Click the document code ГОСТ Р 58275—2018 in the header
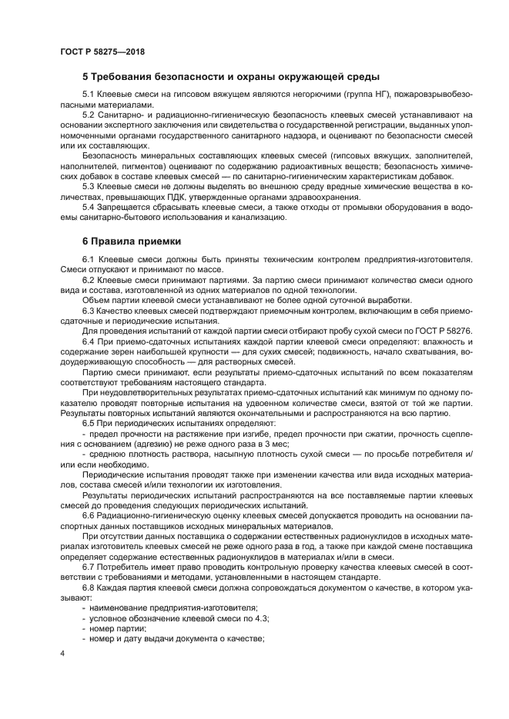(x=102, y=52)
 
